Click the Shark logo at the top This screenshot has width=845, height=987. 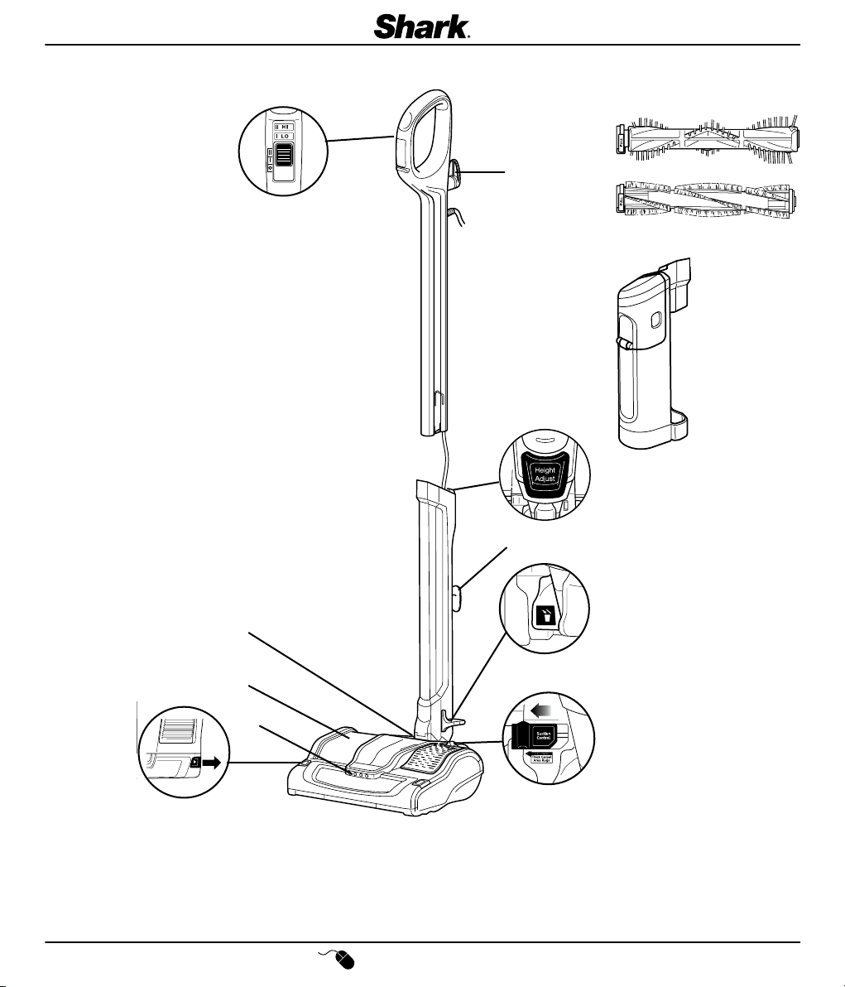tap(423, 26)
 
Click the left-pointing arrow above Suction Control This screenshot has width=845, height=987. tap(541, 710)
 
